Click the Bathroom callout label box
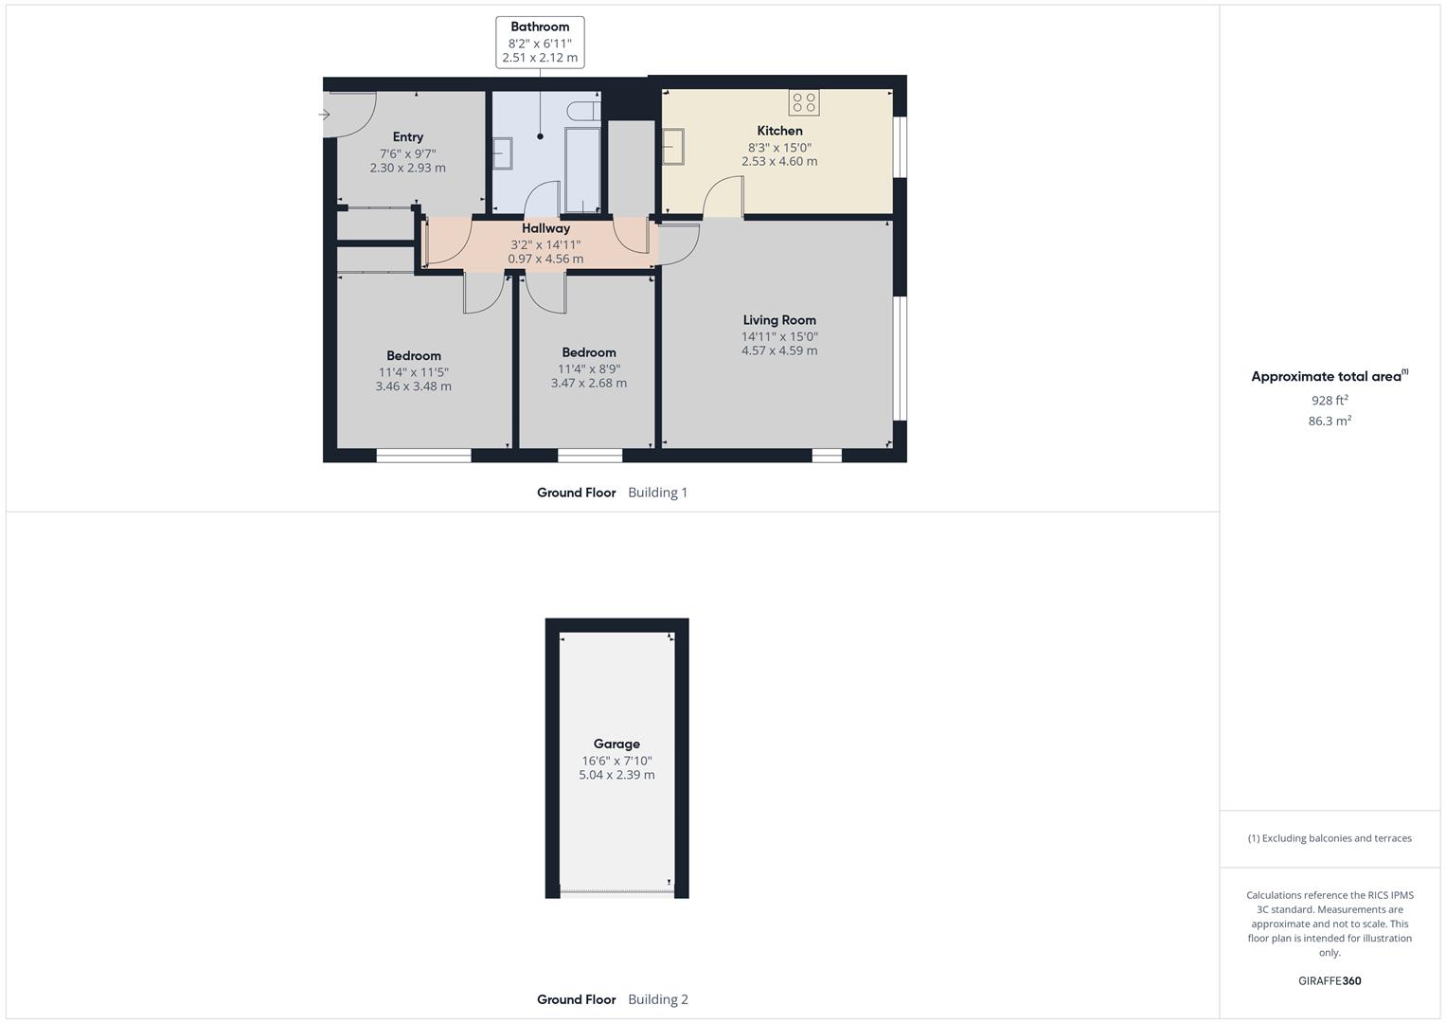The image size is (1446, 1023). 540,43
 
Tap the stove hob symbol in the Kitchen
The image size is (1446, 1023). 804,102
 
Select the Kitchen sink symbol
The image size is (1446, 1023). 673,147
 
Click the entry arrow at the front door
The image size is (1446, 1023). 325,115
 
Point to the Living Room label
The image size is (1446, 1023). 779,320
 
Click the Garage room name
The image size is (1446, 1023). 616,744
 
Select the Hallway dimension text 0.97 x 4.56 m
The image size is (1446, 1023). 545,259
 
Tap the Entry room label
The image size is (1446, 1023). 408,137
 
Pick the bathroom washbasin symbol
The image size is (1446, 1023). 502,153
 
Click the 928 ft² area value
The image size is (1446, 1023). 1330,401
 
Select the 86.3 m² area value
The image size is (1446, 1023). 1330,422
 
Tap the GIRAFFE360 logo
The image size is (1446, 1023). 1330,981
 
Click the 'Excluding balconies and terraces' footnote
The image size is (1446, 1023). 1330,838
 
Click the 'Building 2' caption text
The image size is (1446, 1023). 658,999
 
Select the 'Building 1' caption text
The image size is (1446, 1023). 658,493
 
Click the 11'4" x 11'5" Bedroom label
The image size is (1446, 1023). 414,372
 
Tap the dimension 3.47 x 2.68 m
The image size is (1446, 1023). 589,384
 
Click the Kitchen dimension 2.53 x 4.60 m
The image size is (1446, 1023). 779,162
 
